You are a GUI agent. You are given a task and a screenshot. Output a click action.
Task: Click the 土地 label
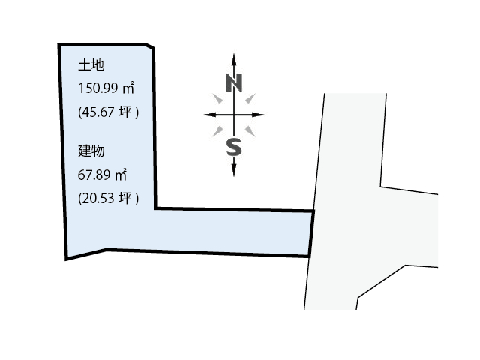91,65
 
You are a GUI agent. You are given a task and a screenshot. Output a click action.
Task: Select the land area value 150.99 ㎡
106,88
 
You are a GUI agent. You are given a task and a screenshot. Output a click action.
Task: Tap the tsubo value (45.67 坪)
108,112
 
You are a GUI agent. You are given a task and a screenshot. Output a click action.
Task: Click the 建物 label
91,151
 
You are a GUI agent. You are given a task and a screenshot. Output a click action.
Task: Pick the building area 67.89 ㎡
102,175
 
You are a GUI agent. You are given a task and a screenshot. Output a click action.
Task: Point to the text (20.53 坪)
108,198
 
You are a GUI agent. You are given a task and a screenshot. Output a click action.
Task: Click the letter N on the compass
234,82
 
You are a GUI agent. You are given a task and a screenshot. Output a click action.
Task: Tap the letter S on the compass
234,147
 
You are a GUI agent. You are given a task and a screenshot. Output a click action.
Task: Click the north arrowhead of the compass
234,59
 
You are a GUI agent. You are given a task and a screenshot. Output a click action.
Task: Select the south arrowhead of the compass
234,170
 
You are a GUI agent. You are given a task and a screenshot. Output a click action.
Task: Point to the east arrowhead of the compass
258,115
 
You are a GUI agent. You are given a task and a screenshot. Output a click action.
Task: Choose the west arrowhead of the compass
210,115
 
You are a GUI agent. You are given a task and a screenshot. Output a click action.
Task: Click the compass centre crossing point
234,115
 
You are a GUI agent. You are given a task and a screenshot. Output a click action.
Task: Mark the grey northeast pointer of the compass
250,98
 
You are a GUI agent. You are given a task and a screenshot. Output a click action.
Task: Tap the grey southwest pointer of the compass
218,131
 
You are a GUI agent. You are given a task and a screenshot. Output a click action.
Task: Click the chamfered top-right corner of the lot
150,46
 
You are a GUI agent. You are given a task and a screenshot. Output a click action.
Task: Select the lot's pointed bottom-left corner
66,259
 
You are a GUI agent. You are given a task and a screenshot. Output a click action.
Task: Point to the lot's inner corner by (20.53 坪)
155,208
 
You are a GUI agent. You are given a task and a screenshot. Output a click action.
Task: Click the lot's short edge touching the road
311,233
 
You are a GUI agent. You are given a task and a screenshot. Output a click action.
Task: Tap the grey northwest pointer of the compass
218,98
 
